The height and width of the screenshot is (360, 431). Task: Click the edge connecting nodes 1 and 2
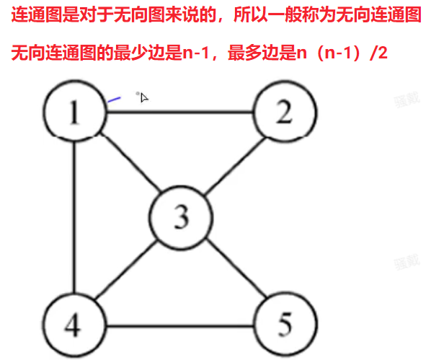tap(179, 112)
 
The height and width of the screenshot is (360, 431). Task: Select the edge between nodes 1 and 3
tap(130, 162)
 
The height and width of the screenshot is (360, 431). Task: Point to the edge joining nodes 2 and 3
tap(235, 166)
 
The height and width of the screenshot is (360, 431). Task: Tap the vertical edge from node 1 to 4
tap(74, 217)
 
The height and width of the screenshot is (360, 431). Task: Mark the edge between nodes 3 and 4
tap(126, 269)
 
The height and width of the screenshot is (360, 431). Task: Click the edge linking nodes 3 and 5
tap(236, 268)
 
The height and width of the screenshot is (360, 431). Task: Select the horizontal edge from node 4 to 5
tap(179, 326)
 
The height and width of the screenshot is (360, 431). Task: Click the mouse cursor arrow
tap(143, 97)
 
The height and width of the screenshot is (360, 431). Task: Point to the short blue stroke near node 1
tap(114, 100)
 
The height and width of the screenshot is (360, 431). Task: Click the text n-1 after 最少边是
tap(196, 53)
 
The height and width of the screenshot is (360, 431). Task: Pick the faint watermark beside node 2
tap(407, 100)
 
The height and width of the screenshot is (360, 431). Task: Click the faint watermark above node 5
tap(407, 262)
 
